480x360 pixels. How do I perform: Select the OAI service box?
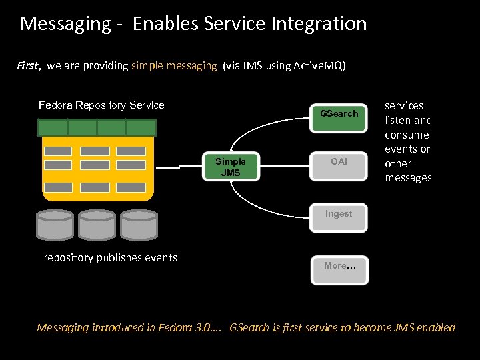tap(339, 162)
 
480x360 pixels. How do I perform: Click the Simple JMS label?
tap(231, 167)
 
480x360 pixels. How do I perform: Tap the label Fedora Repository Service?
tap(101, 105)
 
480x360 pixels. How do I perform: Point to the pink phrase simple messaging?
tap(174, 66)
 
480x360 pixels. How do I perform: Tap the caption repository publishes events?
tap(110, 257)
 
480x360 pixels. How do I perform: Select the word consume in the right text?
tap(407, 135)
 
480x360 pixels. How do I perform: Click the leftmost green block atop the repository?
tap(53, 127)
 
